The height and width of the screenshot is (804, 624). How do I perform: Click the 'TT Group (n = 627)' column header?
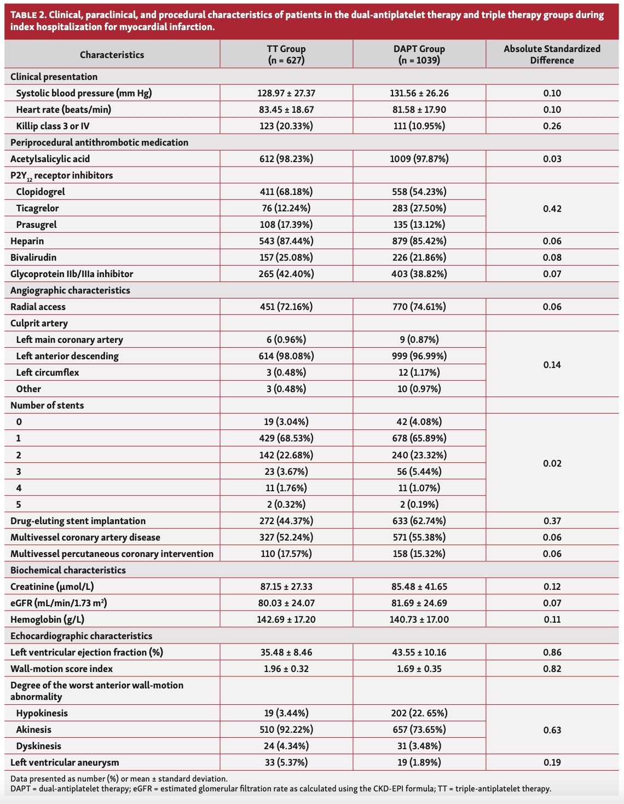click(x=286, y=54)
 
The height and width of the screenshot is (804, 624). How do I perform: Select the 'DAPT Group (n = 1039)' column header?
click(x=419, y=54)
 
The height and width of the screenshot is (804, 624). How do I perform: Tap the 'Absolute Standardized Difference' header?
click(x=552, y=54)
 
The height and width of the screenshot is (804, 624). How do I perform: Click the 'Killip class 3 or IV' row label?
click(x=53, y=126)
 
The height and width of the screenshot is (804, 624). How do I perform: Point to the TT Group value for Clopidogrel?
click(x=286, y=192)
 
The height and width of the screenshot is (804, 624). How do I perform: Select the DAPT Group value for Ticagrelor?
click(x=419, y=208)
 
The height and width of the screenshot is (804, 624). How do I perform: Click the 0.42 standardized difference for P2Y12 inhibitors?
click(x=552, y=209)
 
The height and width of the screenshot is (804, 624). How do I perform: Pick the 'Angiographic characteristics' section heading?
click(x=70, y=290)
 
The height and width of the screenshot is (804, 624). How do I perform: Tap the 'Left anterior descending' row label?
click(x=67, y=356)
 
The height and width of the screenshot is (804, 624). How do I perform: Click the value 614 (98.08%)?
click(x=286, y=356)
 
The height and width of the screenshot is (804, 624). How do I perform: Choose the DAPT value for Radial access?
click(x=419, y=307)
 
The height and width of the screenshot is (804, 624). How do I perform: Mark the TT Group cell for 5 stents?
click(x=286, y=504)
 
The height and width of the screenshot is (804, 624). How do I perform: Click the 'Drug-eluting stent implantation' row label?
click(x=78, y=521)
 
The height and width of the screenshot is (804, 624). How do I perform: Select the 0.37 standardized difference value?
click(x=552, y=521)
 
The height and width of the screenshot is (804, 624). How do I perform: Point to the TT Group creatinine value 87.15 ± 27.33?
click(x=286, y=587)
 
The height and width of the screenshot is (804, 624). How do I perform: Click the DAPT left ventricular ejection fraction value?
click(x=419, y=652)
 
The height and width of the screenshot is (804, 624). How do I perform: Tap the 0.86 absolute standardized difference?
click(x=552, y=652)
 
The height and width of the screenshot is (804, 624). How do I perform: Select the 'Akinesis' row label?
click(x=34, y=730)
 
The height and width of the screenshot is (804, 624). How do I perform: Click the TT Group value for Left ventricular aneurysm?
click(x=286, y=762)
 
